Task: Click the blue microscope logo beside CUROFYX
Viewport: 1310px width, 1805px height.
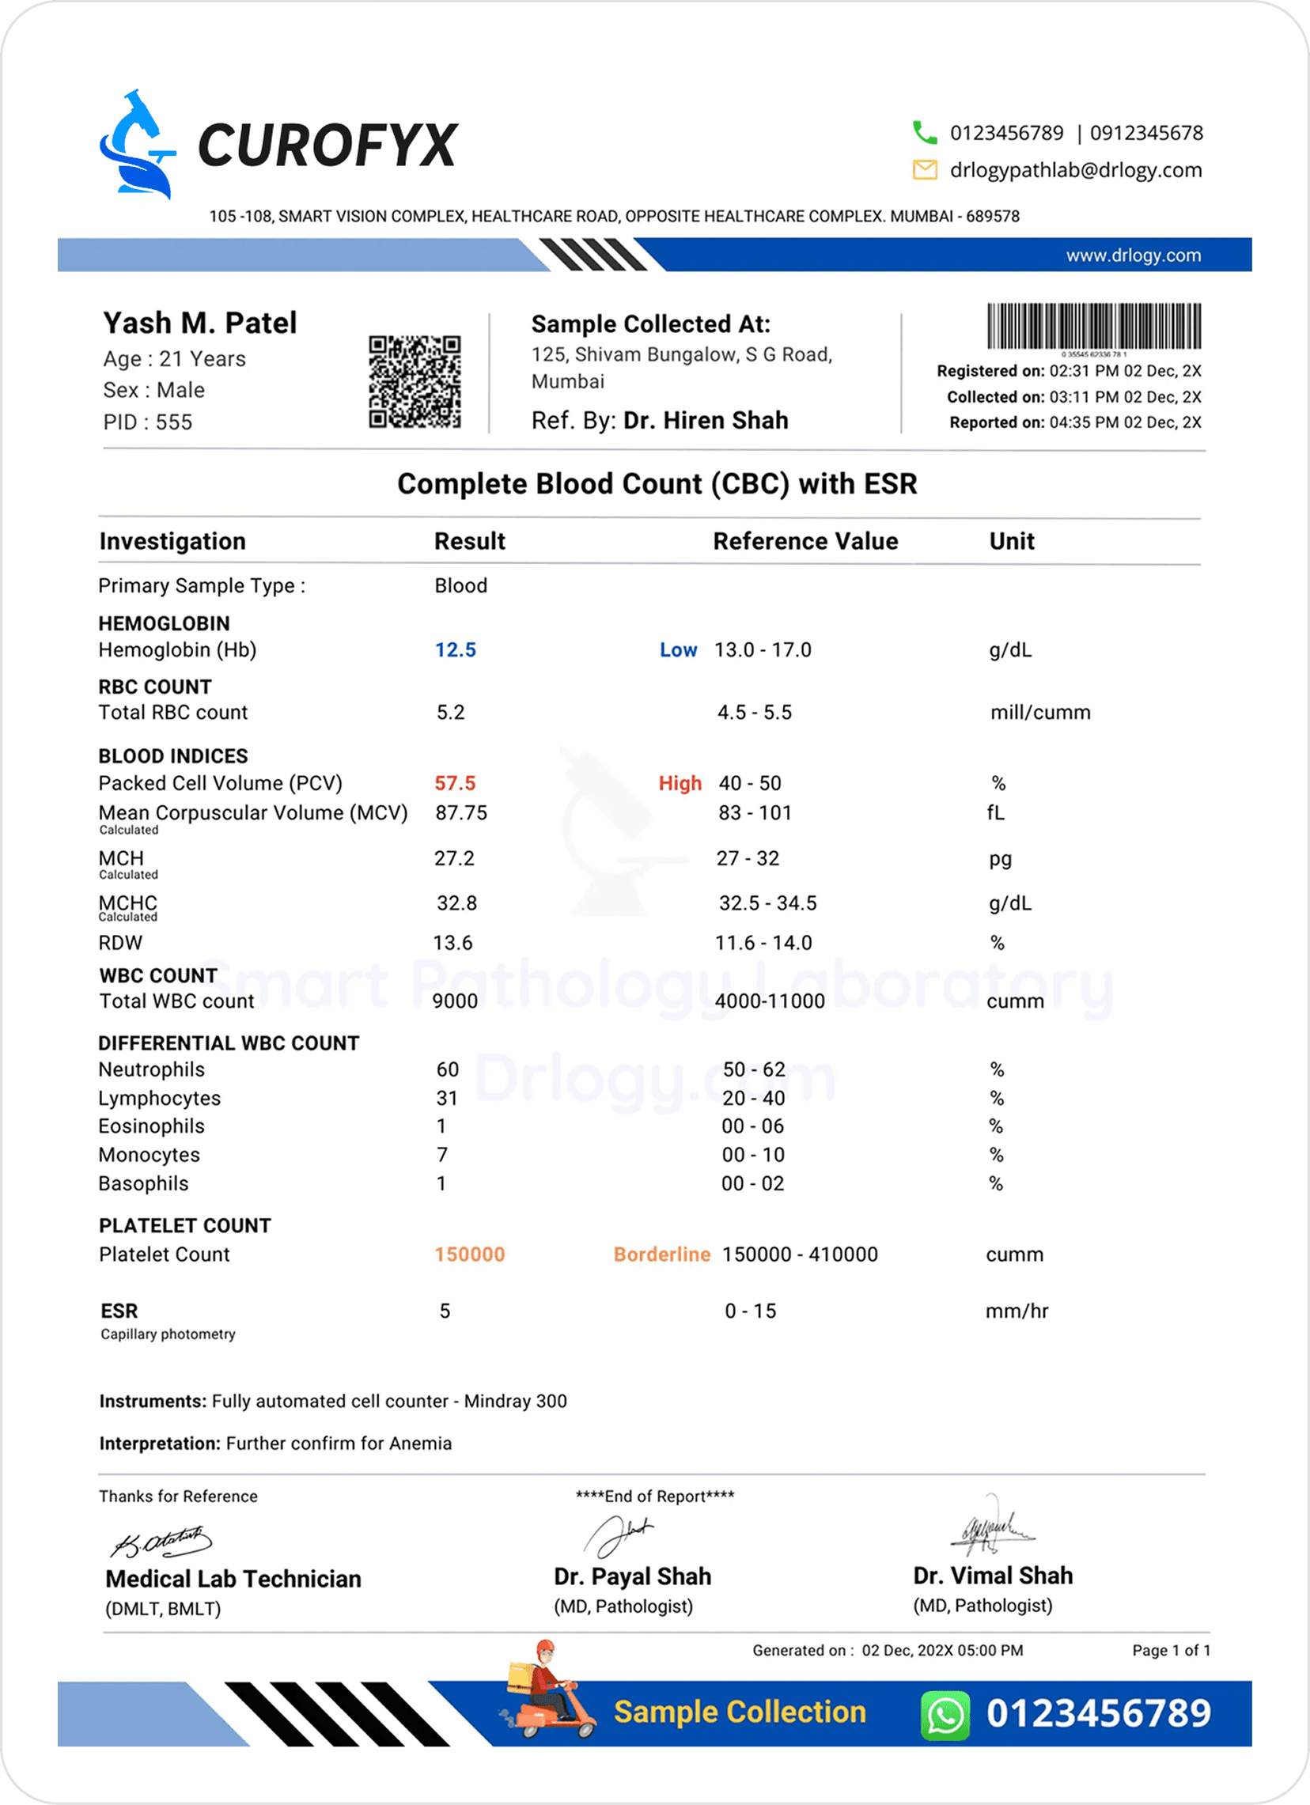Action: pos(137,145)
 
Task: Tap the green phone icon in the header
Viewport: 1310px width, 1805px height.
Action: pos(924,132)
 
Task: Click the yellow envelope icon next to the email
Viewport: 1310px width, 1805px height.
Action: pos(924,169)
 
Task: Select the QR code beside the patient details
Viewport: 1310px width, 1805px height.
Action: pos(415,382)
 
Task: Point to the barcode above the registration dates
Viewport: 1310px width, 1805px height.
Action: pos(1093,327)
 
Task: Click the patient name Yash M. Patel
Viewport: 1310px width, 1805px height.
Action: pos(200,324)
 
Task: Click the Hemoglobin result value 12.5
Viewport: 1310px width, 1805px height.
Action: pos(455,650)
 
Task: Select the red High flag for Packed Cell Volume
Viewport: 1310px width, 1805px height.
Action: pos(680,784)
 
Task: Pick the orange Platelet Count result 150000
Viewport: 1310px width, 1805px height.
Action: pos(470,1254)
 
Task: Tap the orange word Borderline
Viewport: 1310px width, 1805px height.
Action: pos(661,1254)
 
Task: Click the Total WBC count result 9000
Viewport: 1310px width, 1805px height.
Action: pos(455,1001)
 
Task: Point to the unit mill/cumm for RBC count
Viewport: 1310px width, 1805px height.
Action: pos(1039,713)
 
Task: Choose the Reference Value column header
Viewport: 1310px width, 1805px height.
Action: pos(805,541)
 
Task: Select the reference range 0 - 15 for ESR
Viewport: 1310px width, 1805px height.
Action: pos(750,1311)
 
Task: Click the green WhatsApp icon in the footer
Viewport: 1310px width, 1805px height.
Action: pos(945,1713)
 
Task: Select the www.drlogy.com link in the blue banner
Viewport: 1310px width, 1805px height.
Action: pos(1133,255)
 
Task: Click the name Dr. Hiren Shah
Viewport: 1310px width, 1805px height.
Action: pos(705,420)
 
